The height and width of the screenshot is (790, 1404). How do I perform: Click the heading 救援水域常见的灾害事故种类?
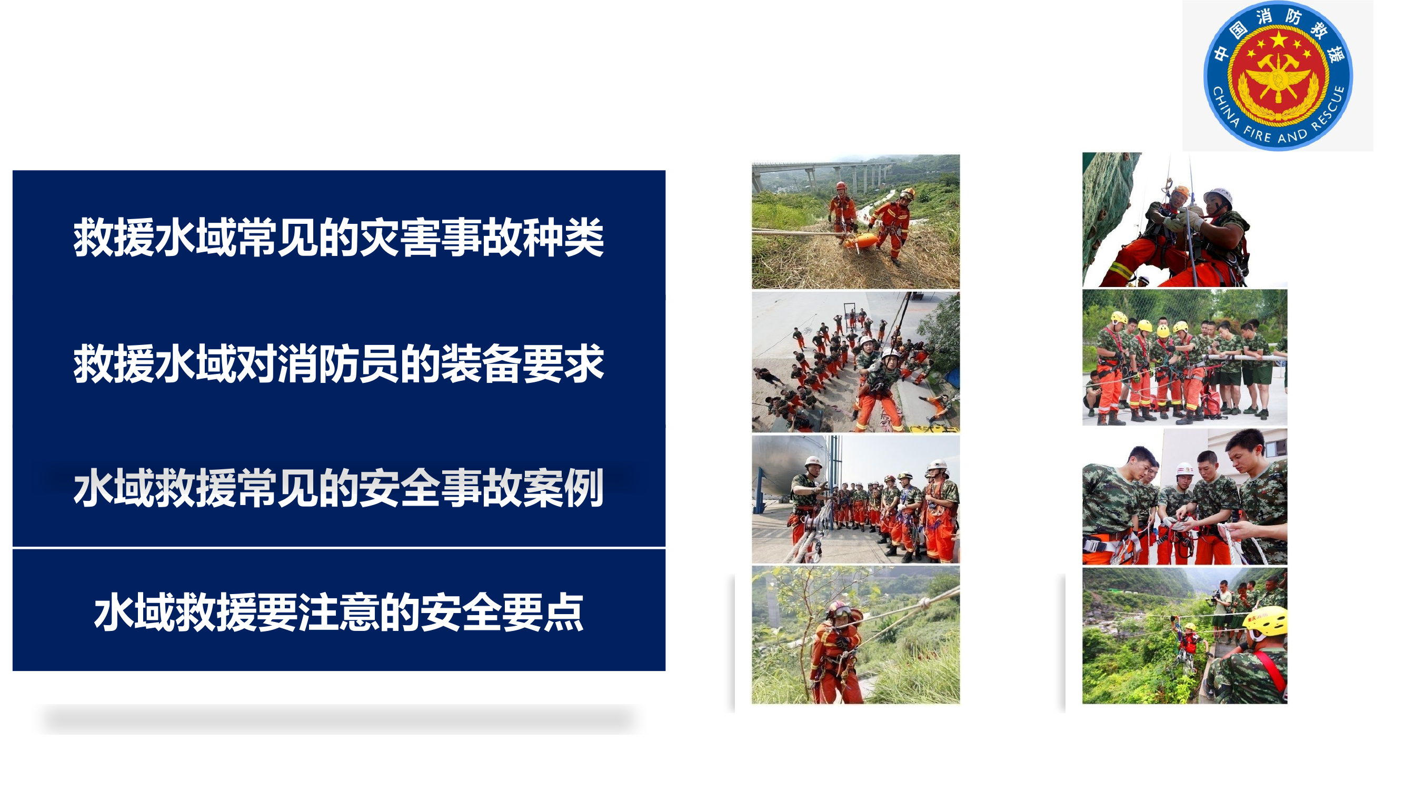tap(338, 237)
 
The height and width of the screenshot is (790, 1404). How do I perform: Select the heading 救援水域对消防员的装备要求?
tap(338, 363)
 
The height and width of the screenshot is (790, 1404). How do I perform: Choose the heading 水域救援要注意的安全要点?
tap(338, 613)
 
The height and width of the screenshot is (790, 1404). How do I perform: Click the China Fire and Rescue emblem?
tap(1278, 75)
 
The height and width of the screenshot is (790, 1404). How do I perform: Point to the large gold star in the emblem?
tap(1278, 39)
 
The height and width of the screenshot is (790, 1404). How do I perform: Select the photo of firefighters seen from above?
tap(855, 362)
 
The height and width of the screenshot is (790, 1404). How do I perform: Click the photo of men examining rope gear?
tap(1185, 496)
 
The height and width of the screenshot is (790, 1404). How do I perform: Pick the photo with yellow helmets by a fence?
tap(1185, 357)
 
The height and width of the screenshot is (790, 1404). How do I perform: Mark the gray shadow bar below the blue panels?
tap(338, 718)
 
